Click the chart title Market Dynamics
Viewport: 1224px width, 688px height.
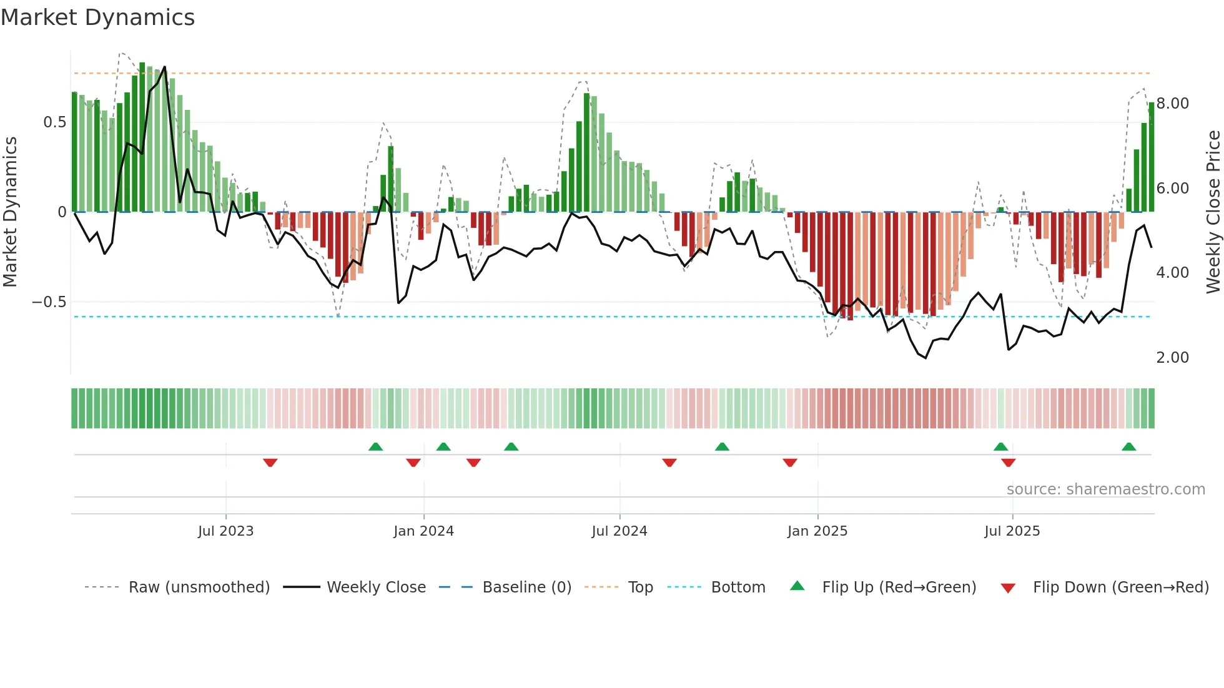[97, 17]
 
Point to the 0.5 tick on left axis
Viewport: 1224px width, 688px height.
[54, 122]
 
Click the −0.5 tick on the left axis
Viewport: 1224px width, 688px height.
[49, 302]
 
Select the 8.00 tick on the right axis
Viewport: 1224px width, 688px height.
[1172, 104]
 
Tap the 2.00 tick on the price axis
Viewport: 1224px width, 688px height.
[1172, 358]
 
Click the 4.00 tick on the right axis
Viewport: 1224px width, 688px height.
[1172, 273]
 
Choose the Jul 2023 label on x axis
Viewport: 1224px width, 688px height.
[225, 531]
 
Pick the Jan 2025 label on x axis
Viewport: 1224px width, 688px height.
[817, 531]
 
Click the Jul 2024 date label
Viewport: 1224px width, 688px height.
[619, 531]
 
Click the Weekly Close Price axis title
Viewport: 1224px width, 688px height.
[1213, 212]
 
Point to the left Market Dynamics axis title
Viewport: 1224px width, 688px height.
[10, 212]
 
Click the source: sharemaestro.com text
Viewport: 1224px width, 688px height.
[1105, 489]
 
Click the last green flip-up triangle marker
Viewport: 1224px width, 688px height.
[1128, 447]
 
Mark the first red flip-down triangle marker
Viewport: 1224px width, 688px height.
[270, 463]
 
